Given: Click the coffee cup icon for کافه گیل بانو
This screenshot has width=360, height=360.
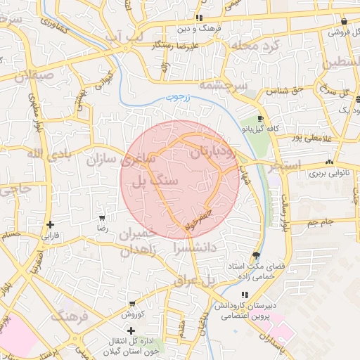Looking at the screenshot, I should (261, 119).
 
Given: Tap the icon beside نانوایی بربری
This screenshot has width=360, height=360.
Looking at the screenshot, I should (329, 162).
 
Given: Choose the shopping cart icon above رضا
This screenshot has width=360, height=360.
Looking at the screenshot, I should (103, 218).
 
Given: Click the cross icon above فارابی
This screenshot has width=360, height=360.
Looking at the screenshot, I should (50, 225).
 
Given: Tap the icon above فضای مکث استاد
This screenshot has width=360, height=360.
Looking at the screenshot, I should (255, 256).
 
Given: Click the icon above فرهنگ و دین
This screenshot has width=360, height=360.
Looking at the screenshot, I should (200, 18).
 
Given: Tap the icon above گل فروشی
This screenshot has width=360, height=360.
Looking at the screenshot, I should (343, 22).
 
